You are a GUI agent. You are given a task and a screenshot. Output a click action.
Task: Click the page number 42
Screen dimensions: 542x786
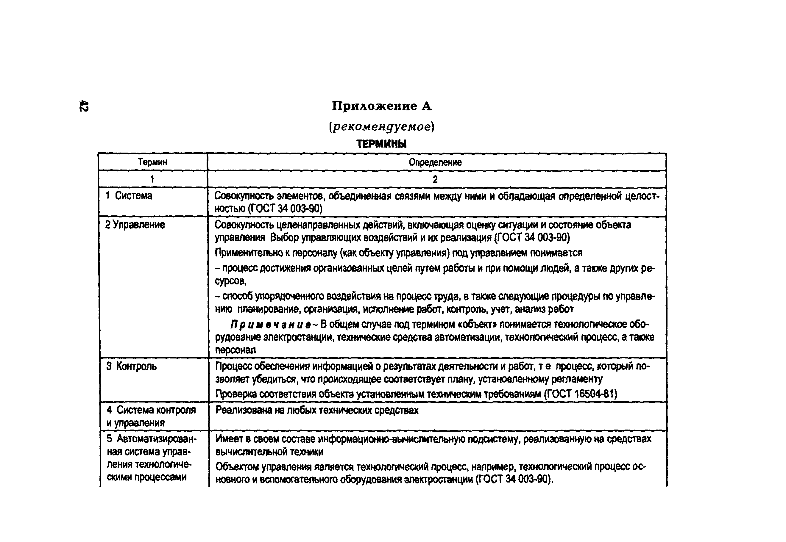pos(84,106)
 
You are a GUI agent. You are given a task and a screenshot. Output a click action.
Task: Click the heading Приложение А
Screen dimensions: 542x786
pos(381,106)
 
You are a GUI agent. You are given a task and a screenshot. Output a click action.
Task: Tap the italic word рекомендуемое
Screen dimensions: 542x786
pos(381,127)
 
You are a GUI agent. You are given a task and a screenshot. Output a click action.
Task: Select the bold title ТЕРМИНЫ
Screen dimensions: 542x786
pos(381,144)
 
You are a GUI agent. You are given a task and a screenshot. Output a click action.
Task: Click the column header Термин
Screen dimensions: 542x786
pos(152,162)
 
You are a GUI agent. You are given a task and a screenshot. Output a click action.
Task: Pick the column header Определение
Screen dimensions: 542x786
pos(435,162)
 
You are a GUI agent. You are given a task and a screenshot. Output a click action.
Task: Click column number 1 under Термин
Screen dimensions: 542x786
pos(152,179)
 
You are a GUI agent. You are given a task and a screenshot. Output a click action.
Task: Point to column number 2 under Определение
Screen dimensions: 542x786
pos(435,179)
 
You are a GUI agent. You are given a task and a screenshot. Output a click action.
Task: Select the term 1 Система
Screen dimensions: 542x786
pos(129,196)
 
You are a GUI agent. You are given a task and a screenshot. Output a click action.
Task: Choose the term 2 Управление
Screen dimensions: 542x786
pos(135,225)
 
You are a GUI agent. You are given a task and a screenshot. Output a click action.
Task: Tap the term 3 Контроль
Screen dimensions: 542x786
pos(132,366)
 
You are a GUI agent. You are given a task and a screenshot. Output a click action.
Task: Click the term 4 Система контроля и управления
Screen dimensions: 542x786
pos(151,416)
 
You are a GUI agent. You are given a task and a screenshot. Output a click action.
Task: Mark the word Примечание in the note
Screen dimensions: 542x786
pos(271,325)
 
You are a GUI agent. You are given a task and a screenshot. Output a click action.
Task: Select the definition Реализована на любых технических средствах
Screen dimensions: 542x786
pos(317,411)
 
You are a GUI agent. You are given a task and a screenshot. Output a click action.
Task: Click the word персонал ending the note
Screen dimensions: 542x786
pos(235,350)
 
